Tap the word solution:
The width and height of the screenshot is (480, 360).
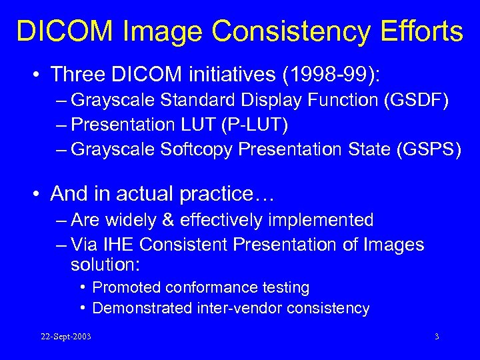105,265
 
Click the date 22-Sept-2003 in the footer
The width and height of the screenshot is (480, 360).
65,337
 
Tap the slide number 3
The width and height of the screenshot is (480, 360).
436,337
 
